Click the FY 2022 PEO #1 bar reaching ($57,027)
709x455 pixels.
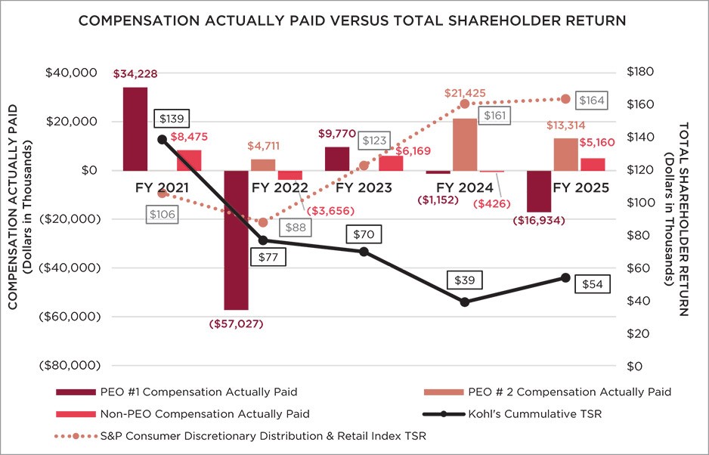point(236,240)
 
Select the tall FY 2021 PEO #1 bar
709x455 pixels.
point(135,129)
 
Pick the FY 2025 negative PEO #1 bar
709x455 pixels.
point(539,191)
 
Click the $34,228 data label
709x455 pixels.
point(135,74)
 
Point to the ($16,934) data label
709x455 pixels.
point(539,221)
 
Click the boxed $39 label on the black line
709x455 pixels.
point(465,280)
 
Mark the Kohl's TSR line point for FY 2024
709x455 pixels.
point(465,302)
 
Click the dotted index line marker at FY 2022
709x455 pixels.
point(263,222)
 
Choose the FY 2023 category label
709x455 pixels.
point(364,187)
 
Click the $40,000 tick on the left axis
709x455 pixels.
point(75,73)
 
